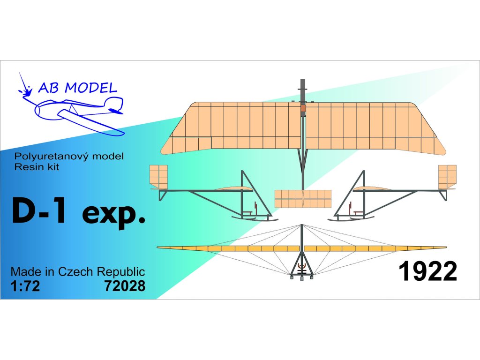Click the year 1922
[x=427, y=272]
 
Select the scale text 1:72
[x=25, y=285]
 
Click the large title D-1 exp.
[x=78, y=215]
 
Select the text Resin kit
[x=37, y=167]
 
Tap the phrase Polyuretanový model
[x=69, y=157]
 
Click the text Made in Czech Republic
[x=77, y=272]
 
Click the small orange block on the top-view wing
[x=303, y=109]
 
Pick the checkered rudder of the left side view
[x=158, y=177]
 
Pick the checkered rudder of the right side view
[x=447, y=177]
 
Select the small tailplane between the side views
[x=303, y=199]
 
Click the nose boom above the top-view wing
[x=303, y=89]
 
